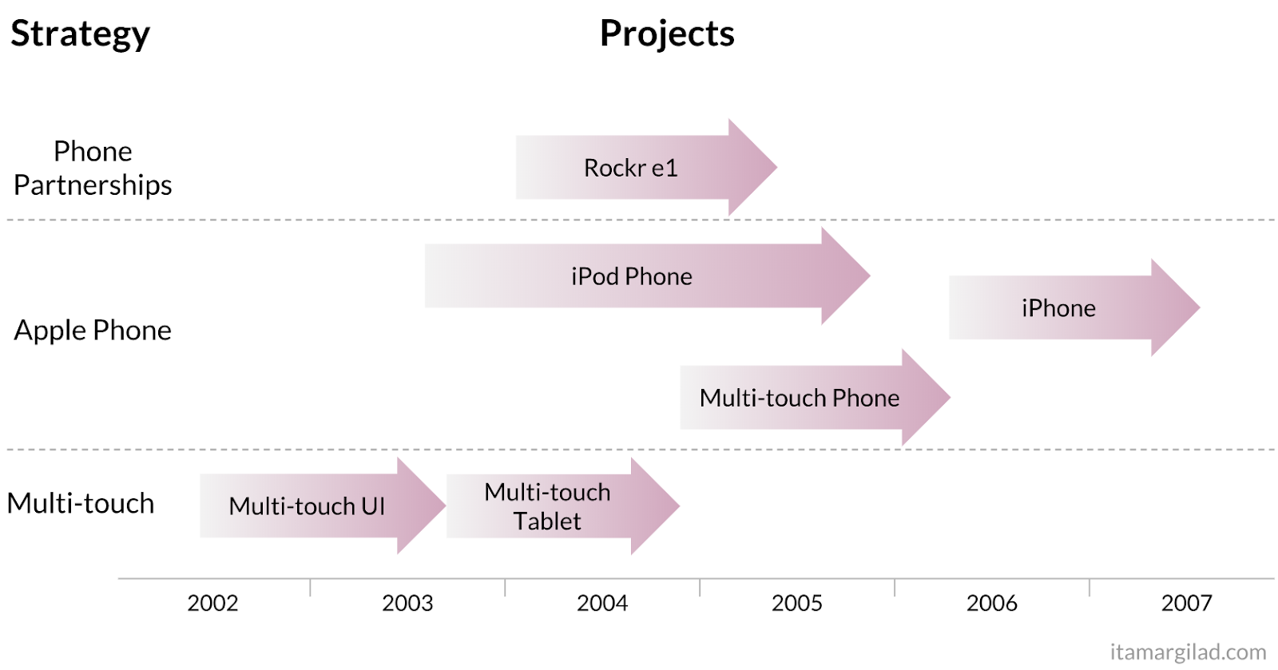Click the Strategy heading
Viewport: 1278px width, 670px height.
coord(80,34)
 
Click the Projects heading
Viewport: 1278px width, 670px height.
coord(667,34)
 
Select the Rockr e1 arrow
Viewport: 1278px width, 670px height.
coord(631,168)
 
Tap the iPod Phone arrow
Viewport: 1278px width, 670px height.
coord(632,276)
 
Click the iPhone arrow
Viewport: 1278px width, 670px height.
coord(1058,308)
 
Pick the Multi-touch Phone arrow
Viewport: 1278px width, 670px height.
coord(800,398)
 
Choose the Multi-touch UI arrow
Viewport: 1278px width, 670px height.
coord(307,505)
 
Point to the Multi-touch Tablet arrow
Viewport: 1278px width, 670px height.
coord(548,506)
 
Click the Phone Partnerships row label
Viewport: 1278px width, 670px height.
coord(93,168)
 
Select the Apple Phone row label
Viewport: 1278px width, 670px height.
coord(93,330)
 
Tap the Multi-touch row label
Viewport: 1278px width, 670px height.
coord(81,503)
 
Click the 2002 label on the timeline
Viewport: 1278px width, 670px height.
coord(212,603)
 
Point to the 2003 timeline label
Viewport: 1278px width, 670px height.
coord(407,603)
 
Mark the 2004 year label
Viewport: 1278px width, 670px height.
coord(602,603)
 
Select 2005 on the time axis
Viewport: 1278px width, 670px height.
coord(797,603)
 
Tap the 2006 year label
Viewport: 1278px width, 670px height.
coord(992,603)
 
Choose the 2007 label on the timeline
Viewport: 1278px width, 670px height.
coord(1187,603)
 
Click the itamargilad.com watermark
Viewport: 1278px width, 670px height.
coord(1188,652)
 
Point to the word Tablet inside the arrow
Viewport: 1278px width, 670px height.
coord(547,521)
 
